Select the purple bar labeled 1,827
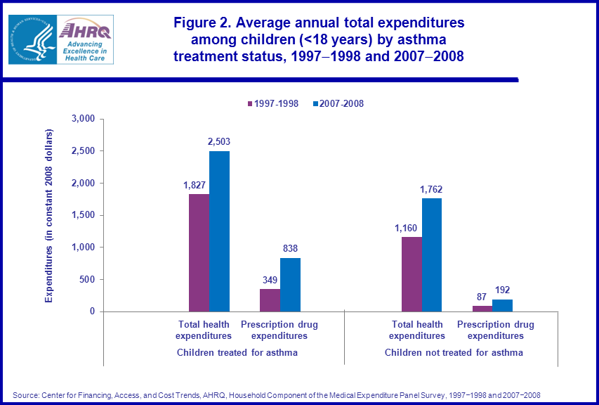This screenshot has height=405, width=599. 199,252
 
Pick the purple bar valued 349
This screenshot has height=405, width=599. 270,300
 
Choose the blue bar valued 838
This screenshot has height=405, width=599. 290,285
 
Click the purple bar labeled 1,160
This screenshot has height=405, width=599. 412,274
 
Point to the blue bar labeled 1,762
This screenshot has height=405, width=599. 432,255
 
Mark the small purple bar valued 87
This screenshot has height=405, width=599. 482,309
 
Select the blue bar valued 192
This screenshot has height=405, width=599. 503,305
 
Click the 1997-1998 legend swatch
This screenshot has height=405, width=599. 249,104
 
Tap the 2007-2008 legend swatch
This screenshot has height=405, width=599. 315,104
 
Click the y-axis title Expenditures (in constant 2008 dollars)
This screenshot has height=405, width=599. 48,216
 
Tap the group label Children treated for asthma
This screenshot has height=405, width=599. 237,352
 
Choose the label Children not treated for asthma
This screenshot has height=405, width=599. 454,352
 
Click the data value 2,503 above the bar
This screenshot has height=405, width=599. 218,141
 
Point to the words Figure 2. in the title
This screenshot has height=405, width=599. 203,22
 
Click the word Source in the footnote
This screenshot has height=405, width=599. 25,394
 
